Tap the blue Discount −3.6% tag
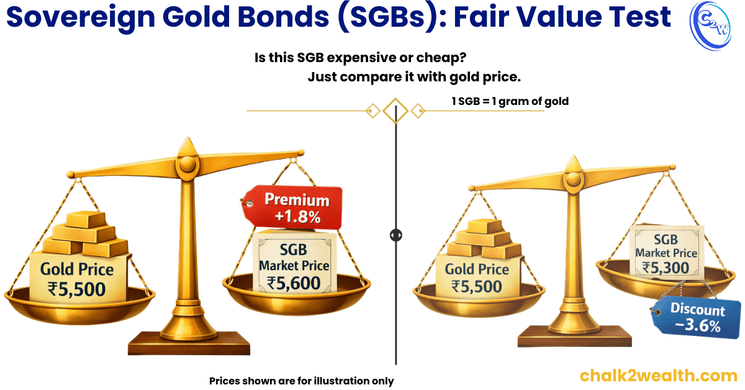[697, 317]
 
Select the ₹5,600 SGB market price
[294, 283]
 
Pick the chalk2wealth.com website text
[658, 375]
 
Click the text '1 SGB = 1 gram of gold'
[510, 101]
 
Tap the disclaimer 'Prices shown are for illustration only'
[301, 381]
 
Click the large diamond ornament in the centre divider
[395, 111]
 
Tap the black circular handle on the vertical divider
[395, 235]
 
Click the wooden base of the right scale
[574, 338]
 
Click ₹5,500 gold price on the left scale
[76, 289]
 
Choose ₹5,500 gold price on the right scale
[476, 286]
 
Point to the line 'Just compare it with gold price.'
[413, 78]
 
